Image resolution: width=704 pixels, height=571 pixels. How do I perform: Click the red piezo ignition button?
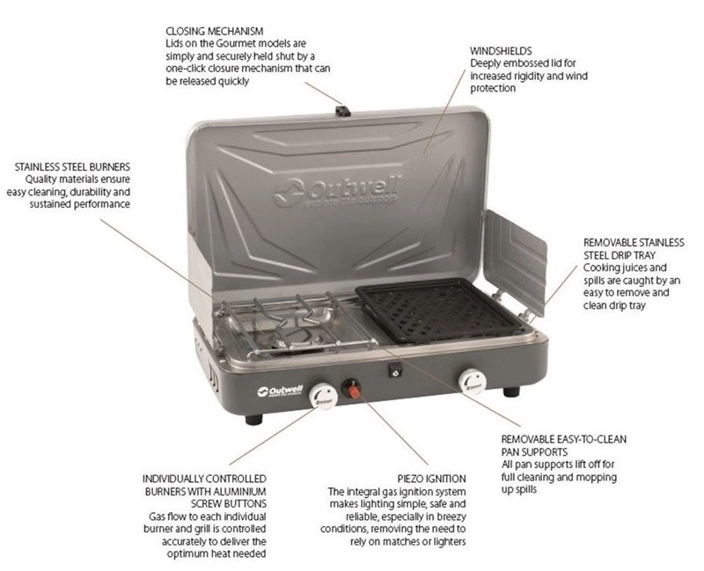pyautogui.click(x=352, y=390)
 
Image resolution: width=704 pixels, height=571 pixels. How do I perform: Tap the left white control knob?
pyautogui.click(x=323, y=396)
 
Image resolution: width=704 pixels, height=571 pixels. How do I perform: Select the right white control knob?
pyautogui.click(x=473, y=382)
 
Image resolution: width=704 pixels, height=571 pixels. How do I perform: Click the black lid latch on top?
pyautogui.click(x=343, y=111)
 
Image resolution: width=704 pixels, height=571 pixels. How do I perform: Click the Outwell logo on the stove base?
pyautogui.click(x=281, y=391)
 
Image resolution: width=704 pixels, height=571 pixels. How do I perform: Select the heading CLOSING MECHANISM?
pyautogui.click(x=215, y=32)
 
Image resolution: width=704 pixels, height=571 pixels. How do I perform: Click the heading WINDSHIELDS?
pyautogui.click(x=501, y=51)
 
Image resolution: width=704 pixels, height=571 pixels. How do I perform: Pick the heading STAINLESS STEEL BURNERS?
pyautogui.click(x=72, y=167)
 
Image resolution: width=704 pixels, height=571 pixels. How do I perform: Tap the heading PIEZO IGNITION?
pyautogui.click(x=431, y=479)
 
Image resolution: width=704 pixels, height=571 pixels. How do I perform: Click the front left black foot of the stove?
pyautogui.click(x=253, y=420)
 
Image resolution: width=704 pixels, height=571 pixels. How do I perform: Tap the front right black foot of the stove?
pyautogui.click(x=511, y=392)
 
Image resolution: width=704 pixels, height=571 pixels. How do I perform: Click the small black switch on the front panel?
pyautogui.click(x=395, y=370)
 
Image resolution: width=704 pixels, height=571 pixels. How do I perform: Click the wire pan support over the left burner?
pyautogui.click(x=297, y=324)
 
